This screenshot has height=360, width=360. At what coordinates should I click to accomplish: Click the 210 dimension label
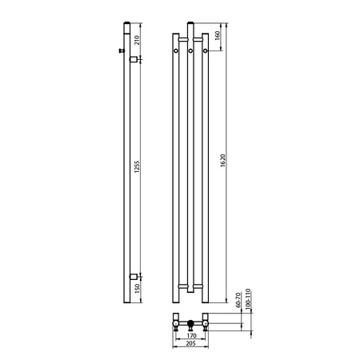tap(137, 40)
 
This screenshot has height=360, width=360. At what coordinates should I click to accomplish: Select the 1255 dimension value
tap(137, 167)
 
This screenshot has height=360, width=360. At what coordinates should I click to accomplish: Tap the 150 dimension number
tap(137, 288)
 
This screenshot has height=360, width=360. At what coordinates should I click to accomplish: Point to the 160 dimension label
tap(217, 35)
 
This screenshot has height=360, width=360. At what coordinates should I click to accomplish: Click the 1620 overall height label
tap(223, 161)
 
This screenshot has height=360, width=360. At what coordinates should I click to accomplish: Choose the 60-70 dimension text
tap(238, 300)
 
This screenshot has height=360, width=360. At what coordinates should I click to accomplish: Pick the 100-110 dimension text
tap(248, 299)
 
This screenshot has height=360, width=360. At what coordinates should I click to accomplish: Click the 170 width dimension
tap(191, 335)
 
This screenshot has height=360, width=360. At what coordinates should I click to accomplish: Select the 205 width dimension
tap(190, 343)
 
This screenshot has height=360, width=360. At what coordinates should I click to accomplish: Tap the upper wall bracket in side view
tap(134, 59)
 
